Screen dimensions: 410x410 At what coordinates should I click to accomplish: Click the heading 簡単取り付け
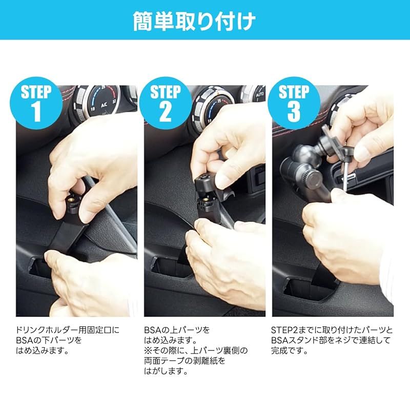coord(194,21)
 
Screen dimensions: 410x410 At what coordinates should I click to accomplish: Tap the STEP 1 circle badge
coord(36,103)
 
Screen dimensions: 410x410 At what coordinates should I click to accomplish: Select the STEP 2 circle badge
coord(165,103)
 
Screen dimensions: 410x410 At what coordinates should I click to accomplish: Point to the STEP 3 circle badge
coord(294,103)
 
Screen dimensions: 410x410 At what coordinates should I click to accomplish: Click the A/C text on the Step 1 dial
coord(104,106)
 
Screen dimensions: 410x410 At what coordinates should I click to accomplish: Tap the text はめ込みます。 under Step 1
coord(43,351)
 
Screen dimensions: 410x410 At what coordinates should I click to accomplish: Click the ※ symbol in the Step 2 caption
coord(148,351)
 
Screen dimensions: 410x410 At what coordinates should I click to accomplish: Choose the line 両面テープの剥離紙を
coord(184,361)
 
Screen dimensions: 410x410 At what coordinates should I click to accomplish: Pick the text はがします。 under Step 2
coord(166,371)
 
